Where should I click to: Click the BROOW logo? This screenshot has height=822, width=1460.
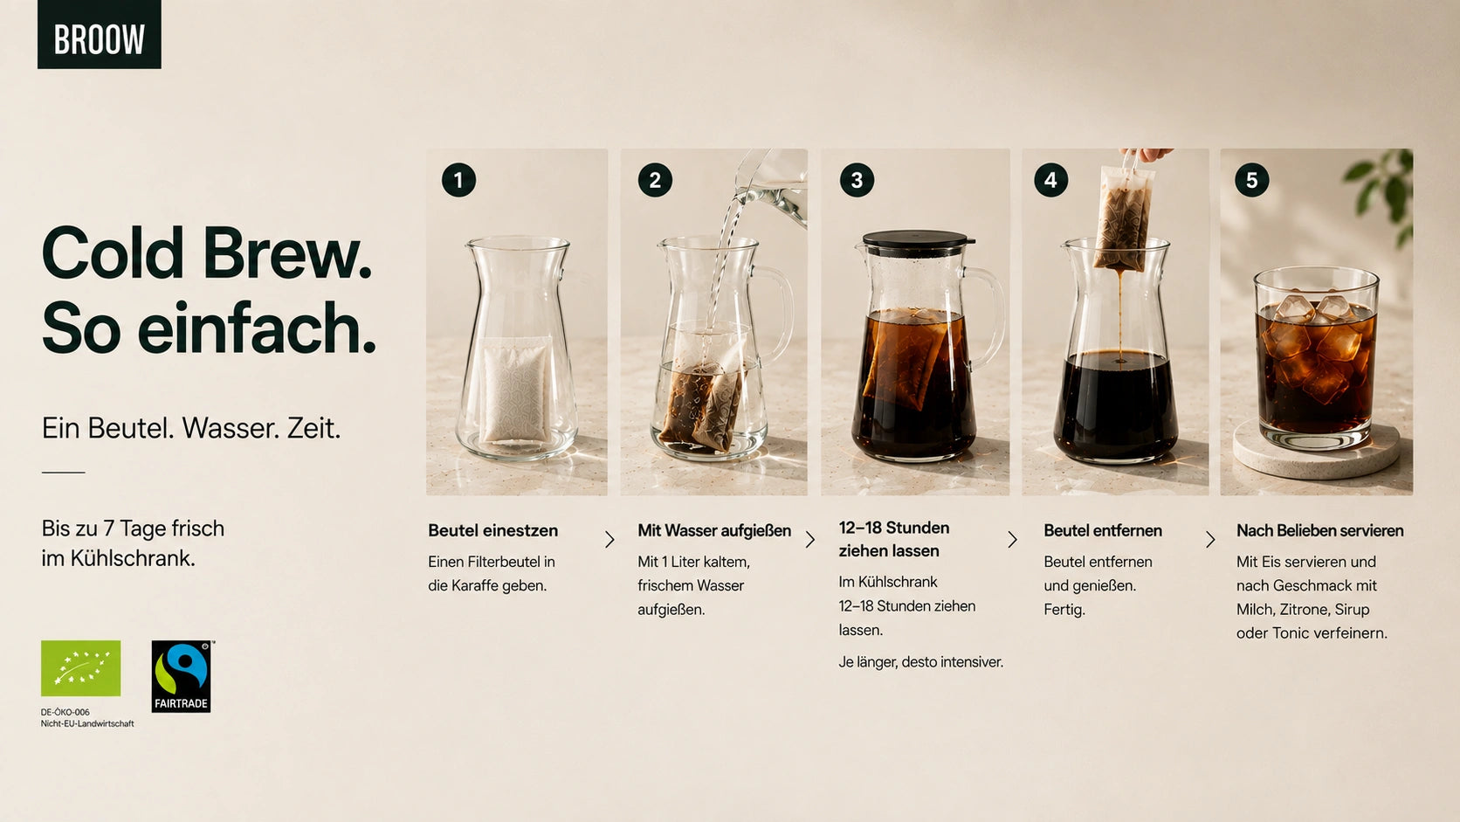(99, 34)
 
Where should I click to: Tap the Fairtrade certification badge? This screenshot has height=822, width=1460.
(182, 676)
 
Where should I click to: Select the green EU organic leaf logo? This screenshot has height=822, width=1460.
(81, 668)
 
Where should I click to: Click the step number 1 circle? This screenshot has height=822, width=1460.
(458, 180)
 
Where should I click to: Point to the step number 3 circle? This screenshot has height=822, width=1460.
(857, 180)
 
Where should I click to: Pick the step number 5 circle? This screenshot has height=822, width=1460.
(1251, 180)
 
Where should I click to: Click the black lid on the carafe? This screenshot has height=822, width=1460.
(915, 239)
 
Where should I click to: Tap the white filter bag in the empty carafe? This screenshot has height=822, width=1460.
(515, 390)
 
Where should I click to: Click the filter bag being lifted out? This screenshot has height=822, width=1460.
(1124, 219)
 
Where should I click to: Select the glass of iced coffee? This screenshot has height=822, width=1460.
(1317, 358)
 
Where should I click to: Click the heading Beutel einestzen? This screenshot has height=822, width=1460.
(492, 530)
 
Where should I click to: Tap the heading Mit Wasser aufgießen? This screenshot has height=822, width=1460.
(714, 530)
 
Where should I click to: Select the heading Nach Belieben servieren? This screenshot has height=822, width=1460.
(1320, 530)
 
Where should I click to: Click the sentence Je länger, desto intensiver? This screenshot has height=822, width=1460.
(920, 662)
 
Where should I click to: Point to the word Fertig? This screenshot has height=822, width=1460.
(1064, 610)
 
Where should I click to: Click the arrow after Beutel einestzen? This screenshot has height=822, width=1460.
(609, 539)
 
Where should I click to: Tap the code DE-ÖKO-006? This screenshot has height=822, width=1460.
(65, 713)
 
